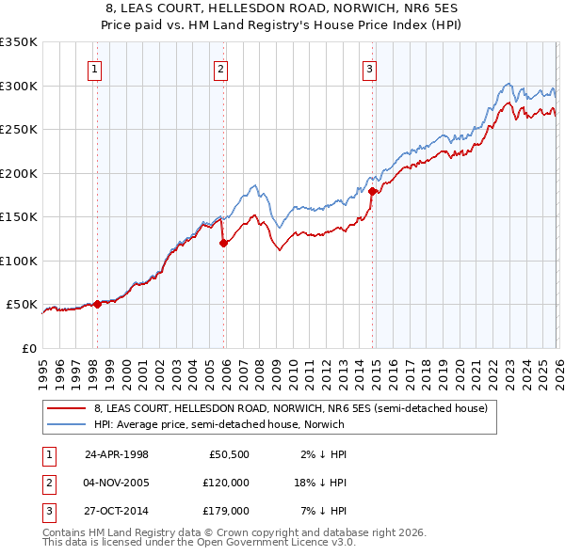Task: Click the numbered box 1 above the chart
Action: coord(96,68)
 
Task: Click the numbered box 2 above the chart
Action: coord(219,68)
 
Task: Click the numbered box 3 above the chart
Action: coord(369,68)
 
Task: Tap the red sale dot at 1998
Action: coord(97,304)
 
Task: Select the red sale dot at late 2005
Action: coord(223,243)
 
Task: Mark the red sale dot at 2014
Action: coord(372,191)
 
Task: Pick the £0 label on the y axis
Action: coord(29,348)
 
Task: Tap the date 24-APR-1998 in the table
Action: coord(117,453)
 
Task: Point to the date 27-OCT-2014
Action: coord(117,512)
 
